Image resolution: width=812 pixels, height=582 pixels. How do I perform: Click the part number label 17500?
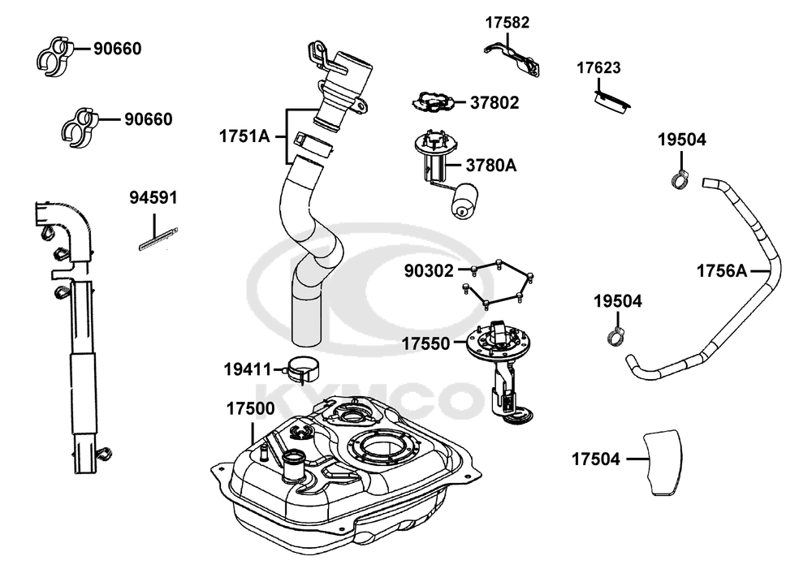point(249,409)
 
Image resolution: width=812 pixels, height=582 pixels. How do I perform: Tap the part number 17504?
point(595,459)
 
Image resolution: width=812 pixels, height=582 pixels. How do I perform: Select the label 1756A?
point(721,270)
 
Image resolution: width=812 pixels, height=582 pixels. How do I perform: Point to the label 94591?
point(153,197)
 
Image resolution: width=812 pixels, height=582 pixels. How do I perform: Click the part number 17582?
point(507,22)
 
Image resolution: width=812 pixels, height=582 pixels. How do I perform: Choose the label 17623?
point(599,67)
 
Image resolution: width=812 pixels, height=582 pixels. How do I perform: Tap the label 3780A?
point(490,166)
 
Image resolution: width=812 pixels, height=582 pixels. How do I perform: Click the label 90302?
point(430,270)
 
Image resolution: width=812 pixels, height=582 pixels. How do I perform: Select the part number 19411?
point(248,369)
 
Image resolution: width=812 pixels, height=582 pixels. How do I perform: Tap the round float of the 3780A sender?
point(465,200)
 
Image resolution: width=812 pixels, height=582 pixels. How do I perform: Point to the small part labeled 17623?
point(613,101)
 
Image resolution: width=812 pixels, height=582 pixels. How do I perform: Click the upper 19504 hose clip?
point(680,178)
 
